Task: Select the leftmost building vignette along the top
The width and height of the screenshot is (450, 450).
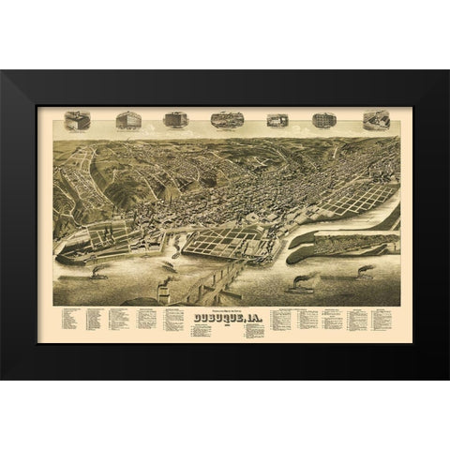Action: (x=78, y=121)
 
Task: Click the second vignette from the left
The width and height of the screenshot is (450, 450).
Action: (x=127, y=121)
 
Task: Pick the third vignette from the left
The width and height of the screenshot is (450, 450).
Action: (x=174, y=120)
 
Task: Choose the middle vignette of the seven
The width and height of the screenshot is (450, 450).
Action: (x=226, y=121)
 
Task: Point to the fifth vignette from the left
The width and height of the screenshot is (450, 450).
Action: (x=276, y=121)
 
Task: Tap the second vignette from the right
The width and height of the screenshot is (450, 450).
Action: (x=323, y=121)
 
